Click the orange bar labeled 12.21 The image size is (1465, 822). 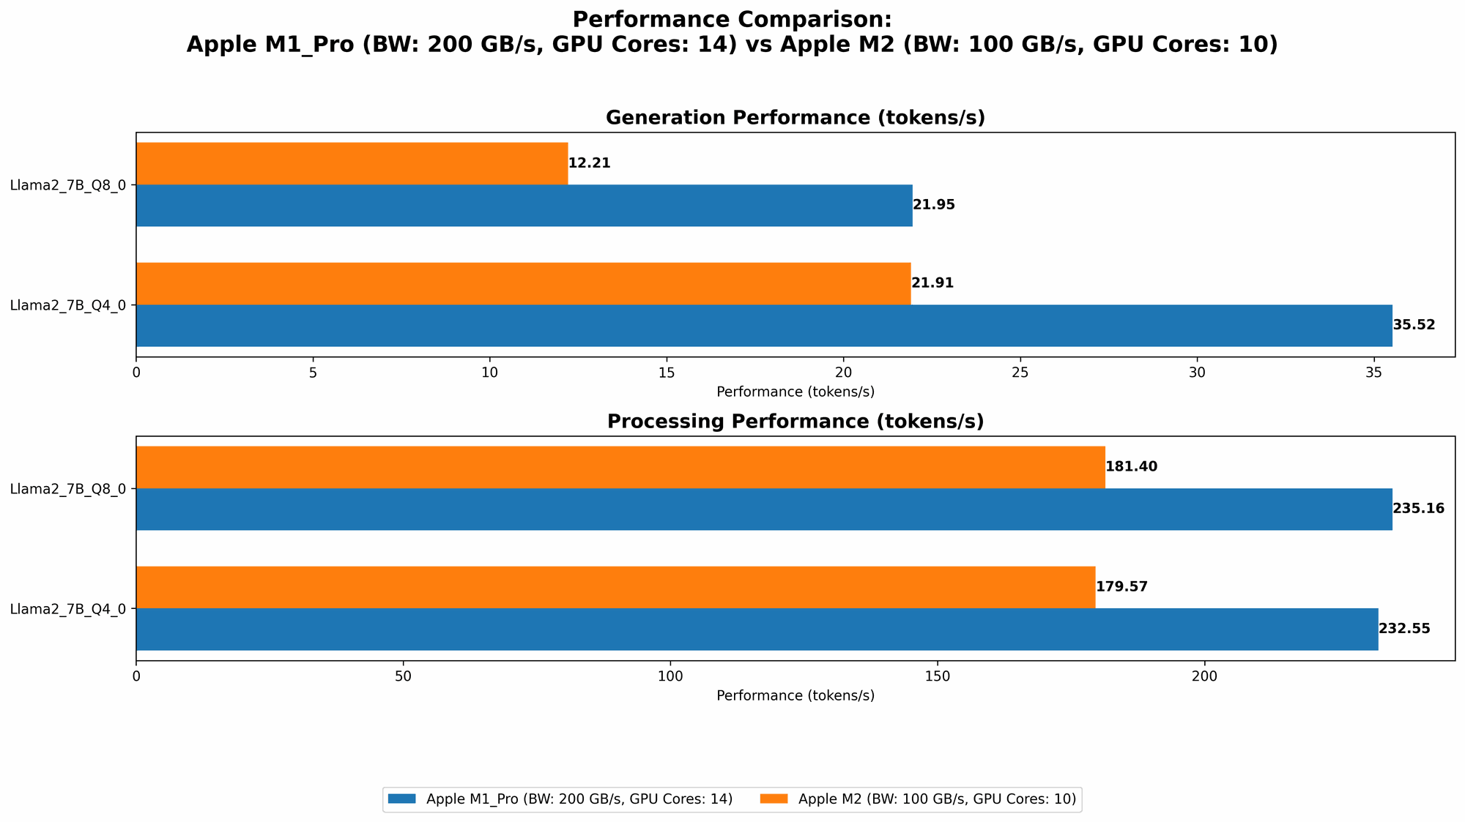(352, 163)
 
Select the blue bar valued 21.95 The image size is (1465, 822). (524, 205)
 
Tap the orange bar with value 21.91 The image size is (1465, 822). (523, 283)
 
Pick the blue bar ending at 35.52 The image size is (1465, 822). (763, 325)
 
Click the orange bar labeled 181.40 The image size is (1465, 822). (620, 467)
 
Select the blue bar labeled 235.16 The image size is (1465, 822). (763, 509)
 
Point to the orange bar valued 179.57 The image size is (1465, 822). (615, 587)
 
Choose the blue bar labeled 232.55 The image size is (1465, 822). (757, 629)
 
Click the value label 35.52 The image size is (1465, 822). (1414, 325)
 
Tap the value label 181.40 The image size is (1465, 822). (1131, 467)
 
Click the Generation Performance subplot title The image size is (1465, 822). (795, 118)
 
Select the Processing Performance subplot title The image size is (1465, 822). (795, 422)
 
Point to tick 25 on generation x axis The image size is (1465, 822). (1020, 373)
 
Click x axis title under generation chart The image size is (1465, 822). (795, 392)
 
